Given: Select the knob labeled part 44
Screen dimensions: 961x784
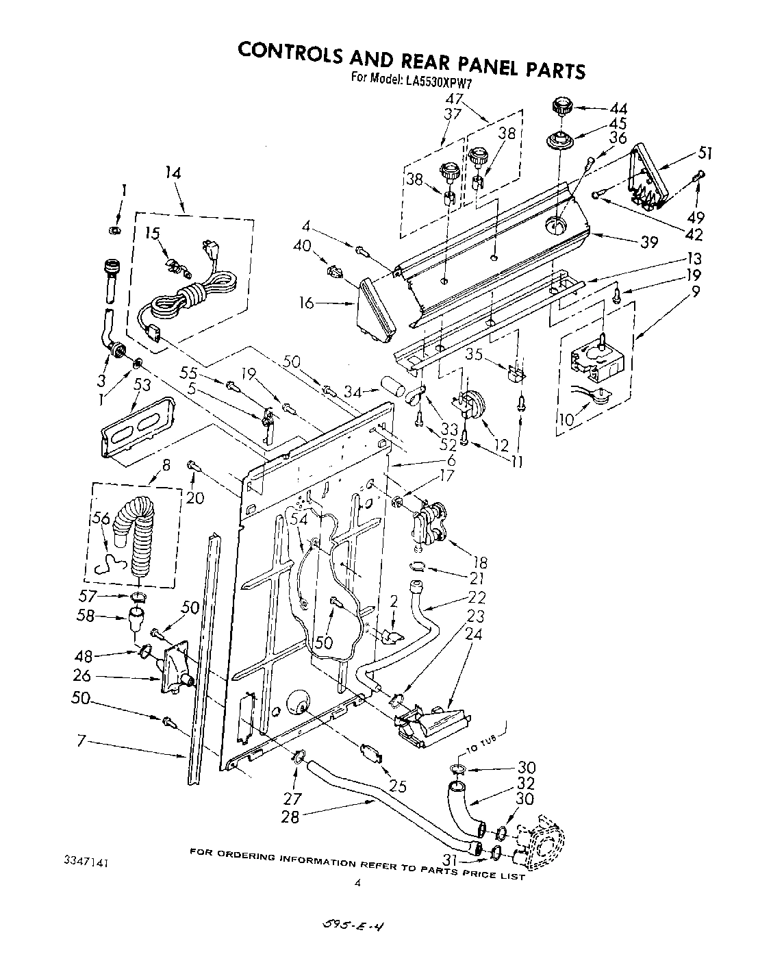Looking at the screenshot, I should [561, 108].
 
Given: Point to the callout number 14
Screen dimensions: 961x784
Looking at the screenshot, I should [173, 173].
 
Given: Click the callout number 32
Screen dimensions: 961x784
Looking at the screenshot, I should [526, 783].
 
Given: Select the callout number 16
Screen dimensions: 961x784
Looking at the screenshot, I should [307, 302].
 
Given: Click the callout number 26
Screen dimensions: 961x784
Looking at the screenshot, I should [81, 676].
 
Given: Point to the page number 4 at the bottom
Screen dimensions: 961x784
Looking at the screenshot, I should [357, 884].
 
